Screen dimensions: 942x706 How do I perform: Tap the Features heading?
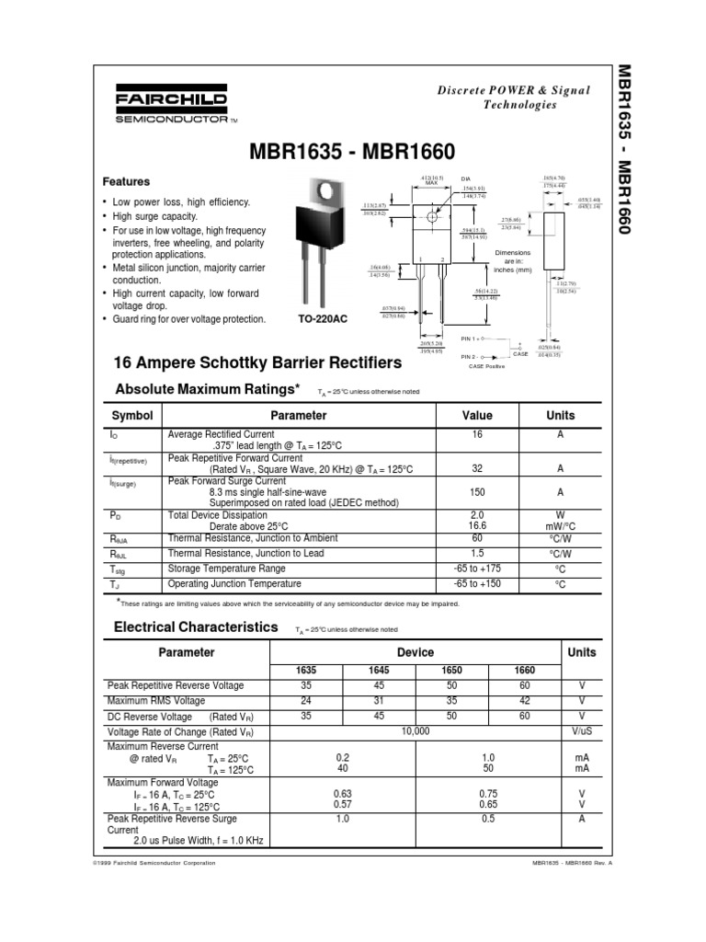pos(126,182)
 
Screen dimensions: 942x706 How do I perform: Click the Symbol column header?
pos(131,416)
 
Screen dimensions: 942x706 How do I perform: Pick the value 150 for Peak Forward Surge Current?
pos(477,492)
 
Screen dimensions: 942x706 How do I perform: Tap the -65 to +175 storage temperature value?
pos(477,569)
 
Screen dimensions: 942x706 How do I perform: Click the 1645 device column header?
pos(379,671)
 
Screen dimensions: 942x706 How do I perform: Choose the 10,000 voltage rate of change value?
pos(416,730)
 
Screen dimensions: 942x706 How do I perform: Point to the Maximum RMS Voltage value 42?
pos(525,701)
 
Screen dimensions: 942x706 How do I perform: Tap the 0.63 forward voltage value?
pos(342,794)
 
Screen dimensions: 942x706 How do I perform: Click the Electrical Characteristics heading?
pos(195,626)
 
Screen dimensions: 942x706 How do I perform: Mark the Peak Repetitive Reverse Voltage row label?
pos(176,686)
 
